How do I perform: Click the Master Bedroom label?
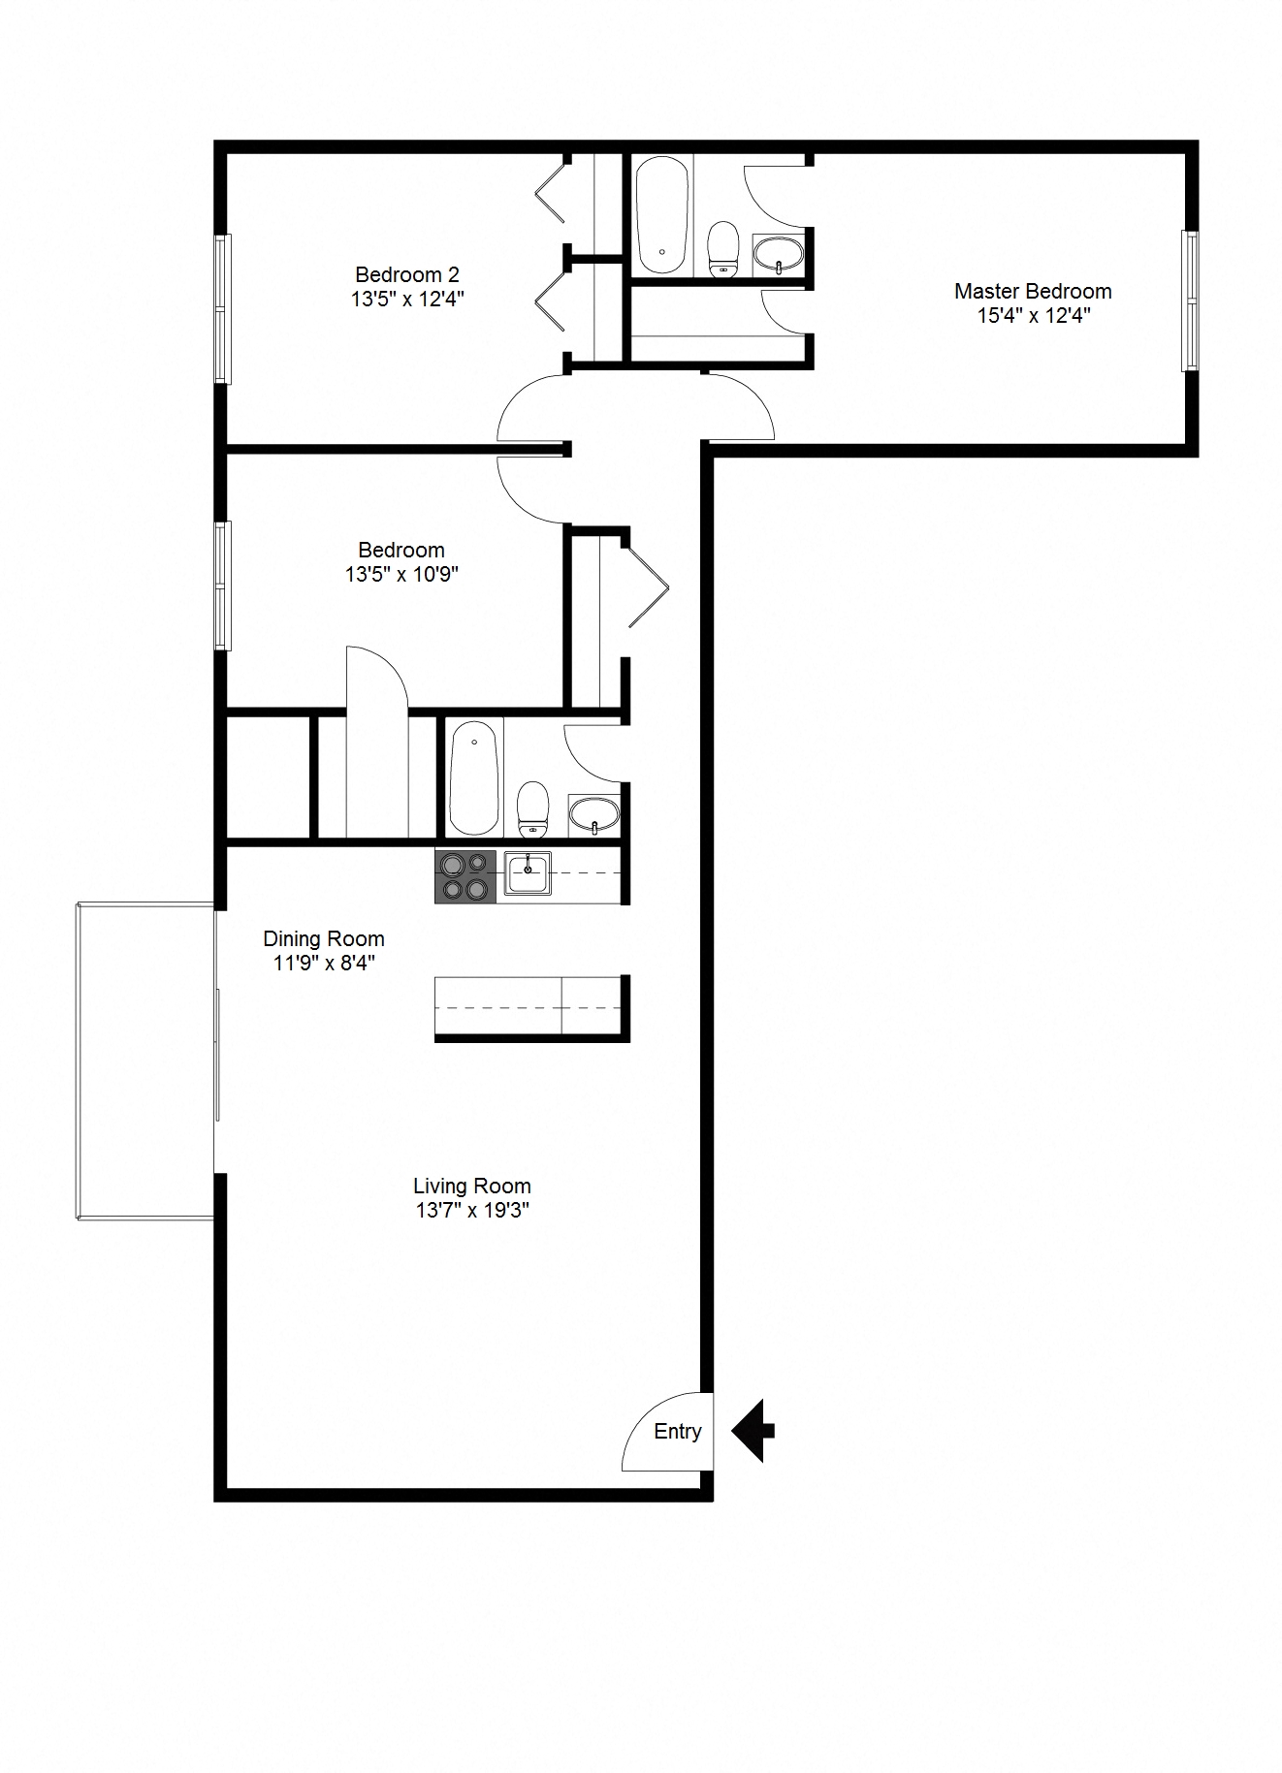point(1032,291)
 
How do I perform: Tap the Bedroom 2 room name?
point(406,274)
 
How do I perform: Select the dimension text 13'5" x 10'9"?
point(401,575)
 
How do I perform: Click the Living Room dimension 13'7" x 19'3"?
point(471,1211)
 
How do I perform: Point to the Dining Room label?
point(324,938)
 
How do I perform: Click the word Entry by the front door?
point(677,1432)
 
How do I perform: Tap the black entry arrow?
point(752,1430)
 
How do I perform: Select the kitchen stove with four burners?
point(465,876)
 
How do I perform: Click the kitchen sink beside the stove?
point(527,873)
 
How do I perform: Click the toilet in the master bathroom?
point(722,249)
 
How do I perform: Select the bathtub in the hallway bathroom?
point(474,777)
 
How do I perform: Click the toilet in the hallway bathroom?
point(532,808)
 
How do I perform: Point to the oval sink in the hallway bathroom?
point(593,814)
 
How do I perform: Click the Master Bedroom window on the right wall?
point(1190,301)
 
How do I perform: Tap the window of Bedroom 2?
point(223,308)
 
